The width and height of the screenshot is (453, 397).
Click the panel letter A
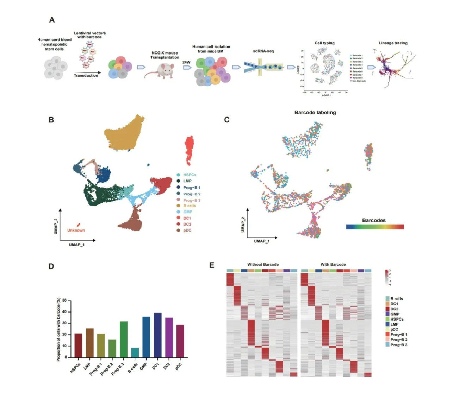point(52,20)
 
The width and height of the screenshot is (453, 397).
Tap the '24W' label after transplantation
point(186,62)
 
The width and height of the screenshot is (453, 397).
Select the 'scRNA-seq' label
point(263,51)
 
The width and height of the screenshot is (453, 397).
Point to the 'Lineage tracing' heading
point(393,43)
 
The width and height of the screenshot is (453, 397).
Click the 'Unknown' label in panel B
point(76,231)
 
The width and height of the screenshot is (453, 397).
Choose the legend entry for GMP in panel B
point(187,212)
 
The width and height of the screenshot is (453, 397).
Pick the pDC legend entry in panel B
point(187,231)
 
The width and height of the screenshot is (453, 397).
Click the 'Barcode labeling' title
point(315,113)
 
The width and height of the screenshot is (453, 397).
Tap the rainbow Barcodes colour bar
point(375,227)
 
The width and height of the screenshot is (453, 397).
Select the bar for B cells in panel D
point(135,352)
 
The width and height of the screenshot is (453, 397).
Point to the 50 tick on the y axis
point(64,301)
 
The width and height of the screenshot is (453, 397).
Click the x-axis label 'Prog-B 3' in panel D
point(118,369)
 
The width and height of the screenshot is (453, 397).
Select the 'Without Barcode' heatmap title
point(263,264)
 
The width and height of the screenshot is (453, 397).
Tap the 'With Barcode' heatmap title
point(333,264)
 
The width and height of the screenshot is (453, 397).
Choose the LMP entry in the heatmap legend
point(394,324)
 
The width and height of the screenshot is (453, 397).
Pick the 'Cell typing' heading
point(324,43)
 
